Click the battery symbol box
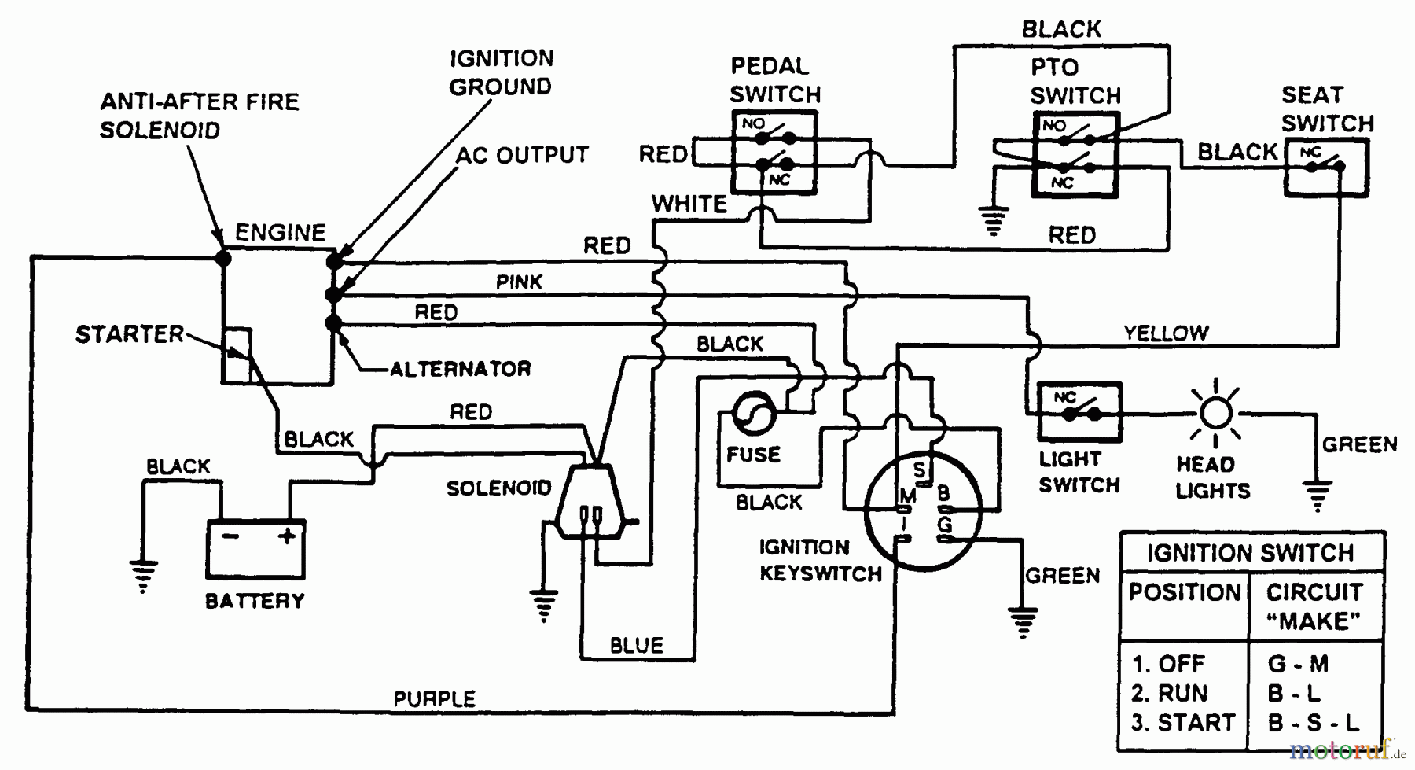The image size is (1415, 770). click(255, 548)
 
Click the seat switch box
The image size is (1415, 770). click(1326, 167)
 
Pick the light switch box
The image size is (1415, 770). click(1079, 411)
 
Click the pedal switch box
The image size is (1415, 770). click(774, 151)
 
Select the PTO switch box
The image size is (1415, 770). click(1075, 154)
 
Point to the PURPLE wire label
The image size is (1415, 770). click(434, 698)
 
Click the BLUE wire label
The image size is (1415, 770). click(637, 646)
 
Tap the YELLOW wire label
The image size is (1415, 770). click(1166, 333)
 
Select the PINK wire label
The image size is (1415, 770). click(519, 282)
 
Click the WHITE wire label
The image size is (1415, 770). click(689, 204)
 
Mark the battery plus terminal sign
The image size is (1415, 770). click(287, 536)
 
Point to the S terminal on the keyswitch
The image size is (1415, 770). click(920, 470)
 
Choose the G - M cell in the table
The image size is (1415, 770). click(1298, 664)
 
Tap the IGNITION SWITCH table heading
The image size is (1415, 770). click(1250, 553)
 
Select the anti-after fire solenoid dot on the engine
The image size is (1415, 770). click(223, 257)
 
